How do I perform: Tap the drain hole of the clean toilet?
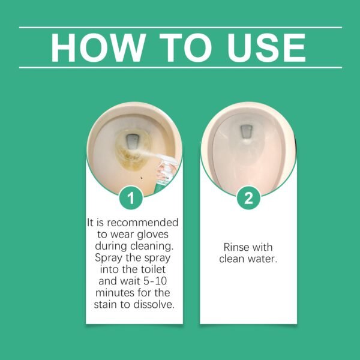pos(245,131)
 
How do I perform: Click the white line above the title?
pos(180,27)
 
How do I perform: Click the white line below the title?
pos(180,67)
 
